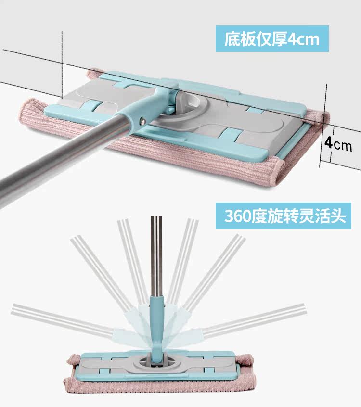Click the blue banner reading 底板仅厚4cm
pyautogui.click(x=272, y=38)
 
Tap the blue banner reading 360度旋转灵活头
pyautogui.click(x=285, y=215)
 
